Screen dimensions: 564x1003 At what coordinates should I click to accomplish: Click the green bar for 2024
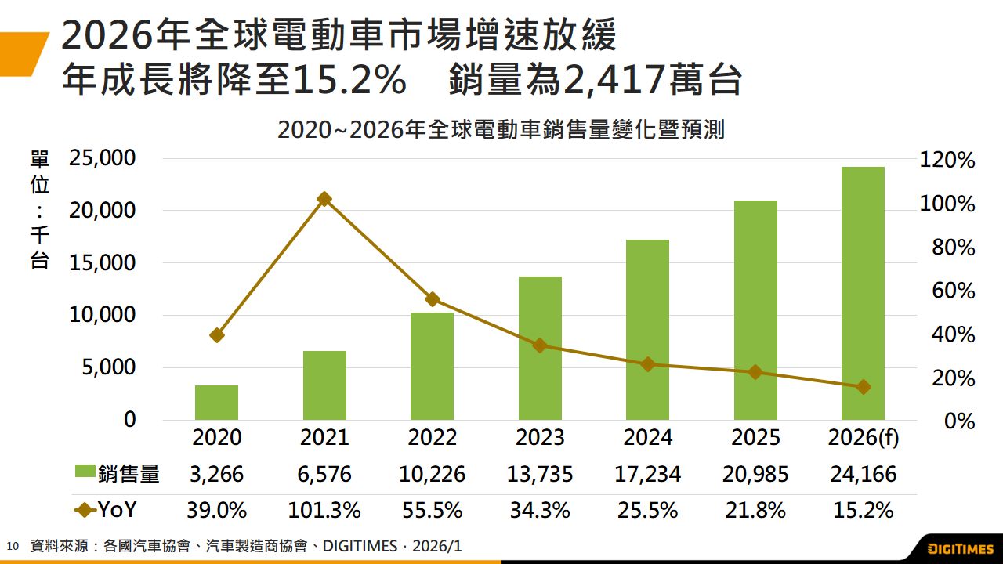647,329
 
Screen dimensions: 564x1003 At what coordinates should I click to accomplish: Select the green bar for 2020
216,403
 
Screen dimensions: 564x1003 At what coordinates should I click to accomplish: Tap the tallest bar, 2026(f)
863,294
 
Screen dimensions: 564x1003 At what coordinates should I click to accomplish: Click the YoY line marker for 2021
324,199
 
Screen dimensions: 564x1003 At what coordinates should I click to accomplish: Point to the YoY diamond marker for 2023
540,345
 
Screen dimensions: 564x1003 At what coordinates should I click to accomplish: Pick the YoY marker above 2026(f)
863,387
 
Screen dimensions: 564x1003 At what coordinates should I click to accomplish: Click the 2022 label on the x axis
432,437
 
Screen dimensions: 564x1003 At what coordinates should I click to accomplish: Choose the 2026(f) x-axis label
863,437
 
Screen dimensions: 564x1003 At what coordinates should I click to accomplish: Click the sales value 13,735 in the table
540,474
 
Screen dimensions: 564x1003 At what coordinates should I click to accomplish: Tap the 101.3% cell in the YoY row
324,511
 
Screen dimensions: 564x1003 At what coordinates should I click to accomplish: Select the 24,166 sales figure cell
863,474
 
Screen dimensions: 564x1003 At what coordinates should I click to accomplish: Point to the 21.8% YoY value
755,511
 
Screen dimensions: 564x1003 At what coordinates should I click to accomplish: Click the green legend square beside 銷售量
85,473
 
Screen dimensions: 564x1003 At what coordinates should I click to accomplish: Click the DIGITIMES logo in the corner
960,548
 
